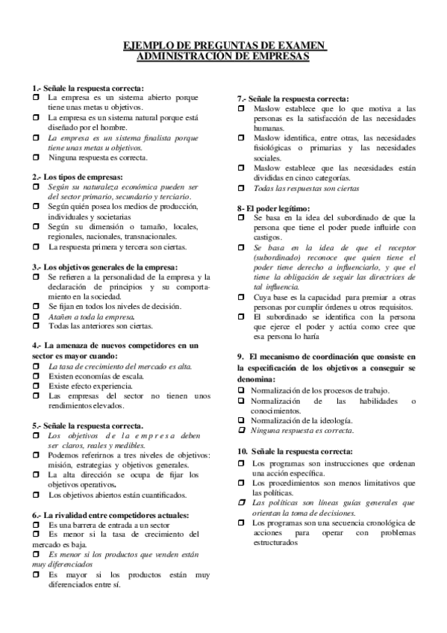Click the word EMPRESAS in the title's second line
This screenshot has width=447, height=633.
pyautogui.click(x=278, y=56)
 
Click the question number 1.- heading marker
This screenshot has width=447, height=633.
pyautogui.click(x=37, y=88)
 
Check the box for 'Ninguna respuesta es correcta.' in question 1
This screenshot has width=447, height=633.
pyautogui.click(x=36, y=158)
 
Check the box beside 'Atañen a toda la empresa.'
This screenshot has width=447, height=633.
pyautogui.click(x=36, y=316)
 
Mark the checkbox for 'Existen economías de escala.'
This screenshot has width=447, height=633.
pyautogui.click(x=36, y=375)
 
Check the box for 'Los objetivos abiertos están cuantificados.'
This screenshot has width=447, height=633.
pyautogui.click(x=36, y=494)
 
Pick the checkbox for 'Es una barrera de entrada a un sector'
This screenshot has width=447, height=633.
pyautogui.click(x=36, y=526)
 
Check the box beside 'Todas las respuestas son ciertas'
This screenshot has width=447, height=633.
pyautogui.click(x=242, y=188)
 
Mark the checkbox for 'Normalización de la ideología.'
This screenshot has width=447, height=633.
pyautogui.click(x=242, y=420)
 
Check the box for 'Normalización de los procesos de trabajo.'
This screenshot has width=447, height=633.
pyautogui.click(x=242, y=390)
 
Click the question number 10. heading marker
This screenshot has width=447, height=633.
pyautogui.click(x=243, y=452)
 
